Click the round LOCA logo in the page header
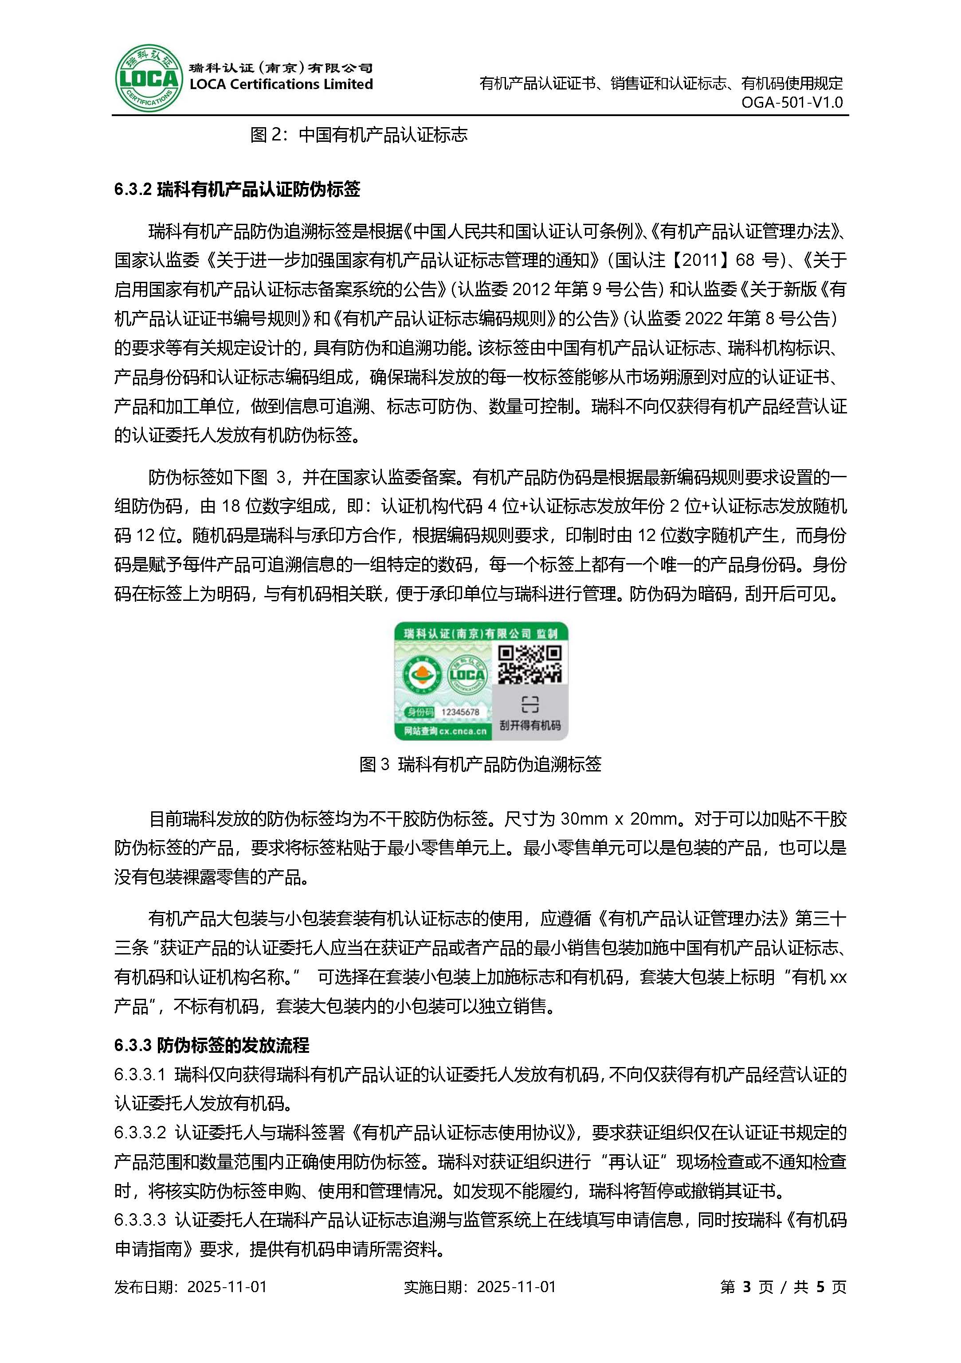(x=147, y=78)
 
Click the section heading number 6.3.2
(x=133, y=189)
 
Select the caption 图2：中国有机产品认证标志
(x=359, y=135)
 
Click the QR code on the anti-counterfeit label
(x=529, y=664)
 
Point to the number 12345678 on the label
(x=460, y=712)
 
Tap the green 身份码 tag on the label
(x=420, y=712)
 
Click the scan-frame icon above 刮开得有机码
(x=530, y=704)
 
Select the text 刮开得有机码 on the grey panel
(x=530, y=725)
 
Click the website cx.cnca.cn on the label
(x=463, y=732)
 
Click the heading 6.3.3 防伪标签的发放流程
(x=212, y=1045)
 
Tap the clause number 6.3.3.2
(x=140, y=1133)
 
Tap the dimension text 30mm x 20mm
(x=618, y=819)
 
